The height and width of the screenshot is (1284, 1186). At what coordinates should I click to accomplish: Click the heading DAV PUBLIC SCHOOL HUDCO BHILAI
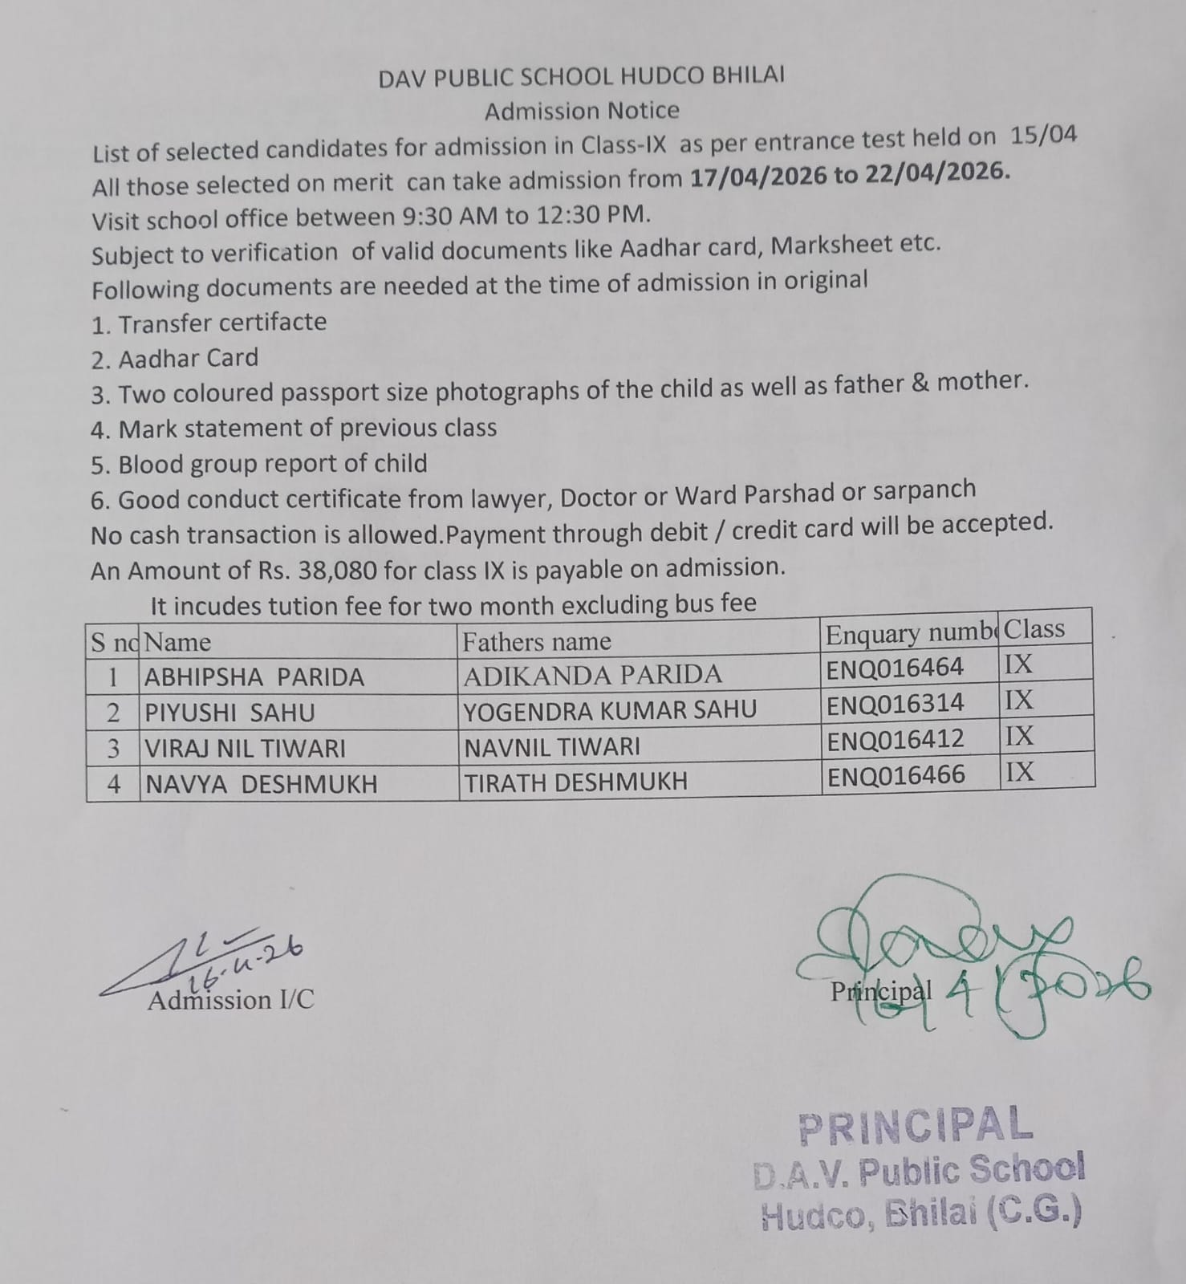pyautogui.click(x=581, y=76)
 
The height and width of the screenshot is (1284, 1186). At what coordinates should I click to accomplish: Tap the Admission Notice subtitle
pyautogui.click(x=581, y=111)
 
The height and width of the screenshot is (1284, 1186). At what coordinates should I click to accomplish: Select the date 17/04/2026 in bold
pyautogui.click(x=758, y=176)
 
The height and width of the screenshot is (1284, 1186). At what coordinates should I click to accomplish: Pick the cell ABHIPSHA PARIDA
pyautogui.click(x=254, y=677)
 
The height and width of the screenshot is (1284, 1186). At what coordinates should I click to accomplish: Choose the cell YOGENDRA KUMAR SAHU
pyautogui.click(x=610, y=710)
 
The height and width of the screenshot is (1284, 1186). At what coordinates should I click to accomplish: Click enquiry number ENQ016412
pyautogui.click(x=895, y=739)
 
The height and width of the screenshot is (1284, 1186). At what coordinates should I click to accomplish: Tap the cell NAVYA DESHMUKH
pyautogui.click(x=261, y=783)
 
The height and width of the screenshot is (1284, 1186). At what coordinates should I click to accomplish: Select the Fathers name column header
pyautogui.click(x=536, y=642)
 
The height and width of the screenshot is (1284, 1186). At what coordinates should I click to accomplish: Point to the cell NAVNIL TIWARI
pyautogui.click(x=552, y=747)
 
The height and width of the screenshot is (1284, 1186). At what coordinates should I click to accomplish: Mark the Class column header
pyautogui.click(x=1034, y=629)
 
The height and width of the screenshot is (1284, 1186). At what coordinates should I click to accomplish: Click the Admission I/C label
pyautogui.click(x=230, y=1001)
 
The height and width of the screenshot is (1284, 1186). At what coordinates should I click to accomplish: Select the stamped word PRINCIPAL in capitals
pyautogui.click(x=916, y=1125)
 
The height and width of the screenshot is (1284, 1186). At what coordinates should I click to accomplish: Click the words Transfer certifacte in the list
pyautogui.click(x=222, y=323)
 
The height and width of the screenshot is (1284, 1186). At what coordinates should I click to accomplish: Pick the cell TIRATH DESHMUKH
pyautogui.click(x=575, y=782)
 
